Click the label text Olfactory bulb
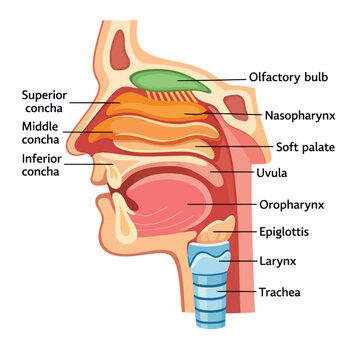click(x=289, y=78)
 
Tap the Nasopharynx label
click(x=300, y=116)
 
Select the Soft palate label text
click(x=305, y=147)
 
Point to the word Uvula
click(x=272, y=173)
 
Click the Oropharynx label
click(x=292, y=205)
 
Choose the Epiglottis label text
click(x=284, y=232)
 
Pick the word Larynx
click(x=278, y=261)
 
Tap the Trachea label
click(x=280, y=292)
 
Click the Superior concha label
click(x=44, y=102)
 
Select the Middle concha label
click(x=41, y=133)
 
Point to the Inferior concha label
click(x=42, y=165)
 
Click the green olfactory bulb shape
click(x=170, y=81)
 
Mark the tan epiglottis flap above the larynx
click(x=216, y=230)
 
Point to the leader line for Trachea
click(x=237, y=292)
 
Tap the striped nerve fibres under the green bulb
click(x=172, y=96)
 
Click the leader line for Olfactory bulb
click(x=212, y=80)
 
